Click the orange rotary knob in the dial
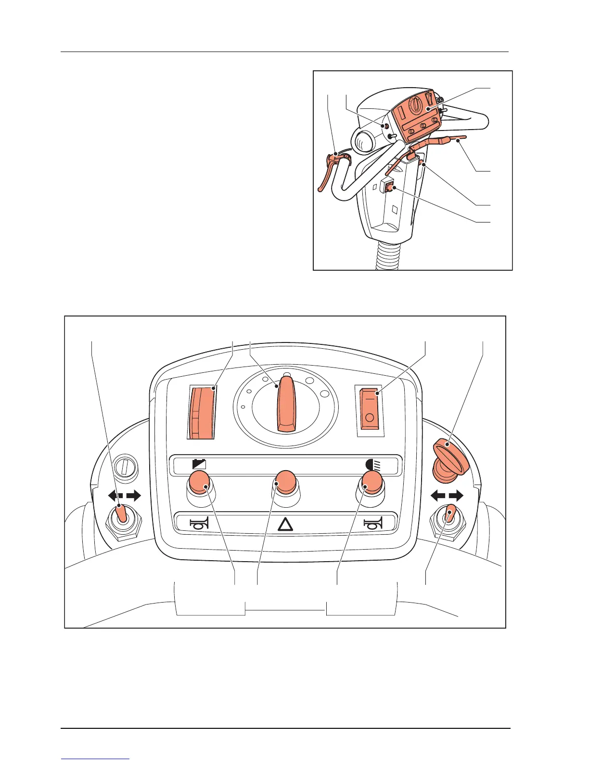coord(285,405)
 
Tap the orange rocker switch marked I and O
coord(370,407)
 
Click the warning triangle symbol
coord(285,524)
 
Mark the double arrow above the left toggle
coord(124,495)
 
